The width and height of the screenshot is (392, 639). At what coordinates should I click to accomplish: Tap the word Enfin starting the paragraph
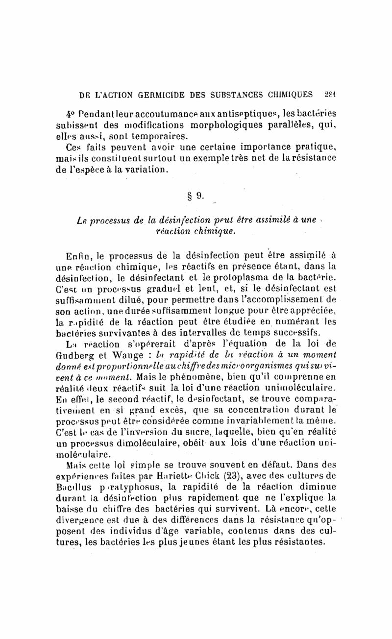(x=78, y=256)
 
